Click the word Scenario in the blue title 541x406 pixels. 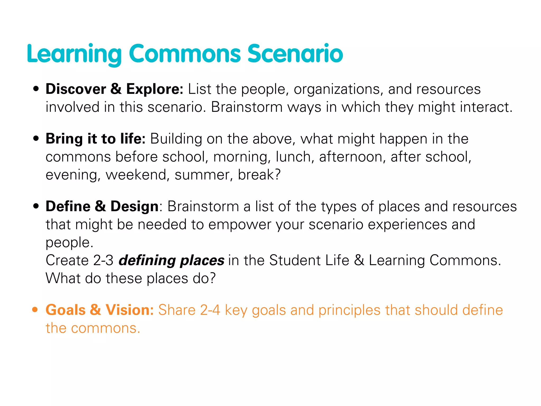pyautogui.click(x=295, y=54)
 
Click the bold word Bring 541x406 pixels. pyautogui.click(x=64, y=139)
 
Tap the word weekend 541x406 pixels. pyautogui.click(x=136, y=175)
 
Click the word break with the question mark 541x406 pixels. pyautogui.click(x=259, y=175)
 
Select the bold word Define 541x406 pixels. pyautogui.click(x=68, y=206)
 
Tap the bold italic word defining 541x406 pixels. pyautogui.click(x=147, y=261)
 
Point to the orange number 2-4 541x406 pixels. pyautogui.click(x=210, y=310)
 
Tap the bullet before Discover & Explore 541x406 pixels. pyautogui.click(x=36, y=89)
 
